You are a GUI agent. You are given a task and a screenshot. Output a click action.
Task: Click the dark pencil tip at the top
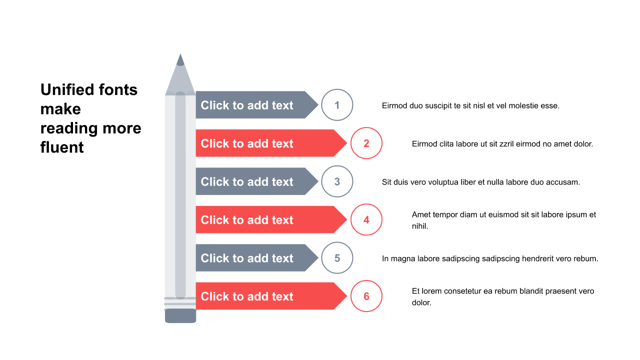pos(180,60)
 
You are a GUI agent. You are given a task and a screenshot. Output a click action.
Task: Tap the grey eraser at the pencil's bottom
pos(180,315)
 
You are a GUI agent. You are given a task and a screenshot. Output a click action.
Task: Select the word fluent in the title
pos(62,147)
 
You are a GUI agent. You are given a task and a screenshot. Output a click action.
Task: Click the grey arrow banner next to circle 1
pos(257,105)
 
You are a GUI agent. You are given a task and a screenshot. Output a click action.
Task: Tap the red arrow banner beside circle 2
pos(271,143)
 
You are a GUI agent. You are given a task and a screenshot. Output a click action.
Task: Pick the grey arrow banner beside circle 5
pos(257,258)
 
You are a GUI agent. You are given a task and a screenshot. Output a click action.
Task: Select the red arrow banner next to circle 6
pos(271,296)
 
